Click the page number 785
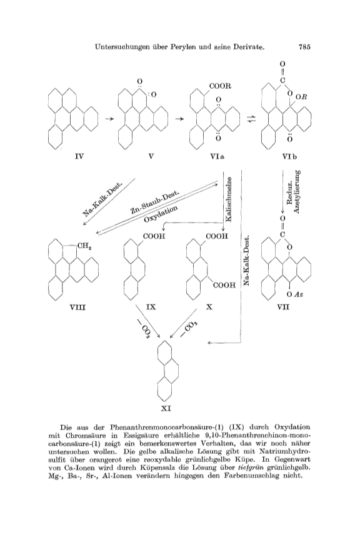point(304,47)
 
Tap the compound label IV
point(79,157)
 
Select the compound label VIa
point(217,157)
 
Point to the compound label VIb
point(290,157)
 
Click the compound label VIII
point(77,306)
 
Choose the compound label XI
point(166,409)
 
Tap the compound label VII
point(284,306)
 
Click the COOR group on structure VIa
point(220,86)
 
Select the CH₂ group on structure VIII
point(84,246)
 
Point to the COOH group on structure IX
point(154,236)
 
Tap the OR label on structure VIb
point(301,97)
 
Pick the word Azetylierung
point(297,191)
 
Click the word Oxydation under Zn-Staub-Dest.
point(161,214)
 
